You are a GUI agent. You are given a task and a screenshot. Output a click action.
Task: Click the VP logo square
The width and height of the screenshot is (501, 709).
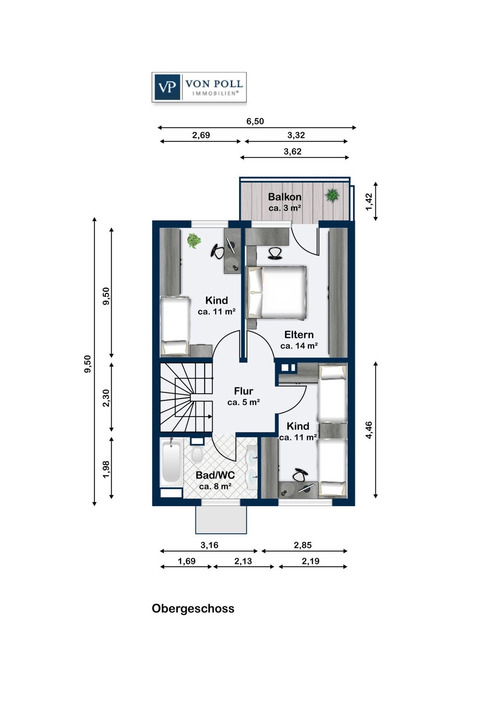click(167, 87)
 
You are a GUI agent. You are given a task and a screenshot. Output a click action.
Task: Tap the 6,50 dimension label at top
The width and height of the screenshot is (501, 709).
click(255, 121)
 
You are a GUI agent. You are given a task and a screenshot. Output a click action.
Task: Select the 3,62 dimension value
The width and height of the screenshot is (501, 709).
click(293, 152)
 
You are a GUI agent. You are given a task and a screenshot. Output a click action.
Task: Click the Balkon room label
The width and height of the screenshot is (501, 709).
click(285, 197)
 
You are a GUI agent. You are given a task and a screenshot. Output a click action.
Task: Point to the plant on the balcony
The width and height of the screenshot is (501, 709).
click(332, 195)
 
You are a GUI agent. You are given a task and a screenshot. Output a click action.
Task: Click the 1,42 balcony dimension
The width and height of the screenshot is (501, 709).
click(369, 202)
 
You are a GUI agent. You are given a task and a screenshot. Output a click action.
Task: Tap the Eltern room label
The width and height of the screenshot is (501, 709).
click(299, 335)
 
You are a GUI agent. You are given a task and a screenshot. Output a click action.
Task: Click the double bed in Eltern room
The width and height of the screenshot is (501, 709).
click(276, 292)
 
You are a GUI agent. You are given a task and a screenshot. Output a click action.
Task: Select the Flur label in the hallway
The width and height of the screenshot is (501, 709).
click(243, 391)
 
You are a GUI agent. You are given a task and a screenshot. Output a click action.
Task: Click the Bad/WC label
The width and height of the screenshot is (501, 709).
click(215, 475)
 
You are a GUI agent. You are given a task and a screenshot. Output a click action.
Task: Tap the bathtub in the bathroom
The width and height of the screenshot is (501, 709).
click(171, 462)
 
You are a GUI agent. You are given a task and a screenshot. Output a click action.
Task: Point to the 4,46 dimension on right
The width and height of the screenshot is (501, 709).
click(369, 430)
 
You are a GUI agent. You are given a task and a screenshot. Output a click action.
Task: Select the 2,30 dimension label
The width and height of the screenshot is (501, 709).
click(106, 398)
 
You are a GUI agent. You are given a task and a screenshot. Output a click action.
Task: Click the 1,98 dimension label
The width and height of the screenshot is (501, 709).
click(106, 469)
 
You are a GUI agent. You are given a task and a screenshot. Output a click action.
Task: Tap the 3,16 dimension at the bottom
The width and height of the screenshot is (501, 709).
click(209, 545)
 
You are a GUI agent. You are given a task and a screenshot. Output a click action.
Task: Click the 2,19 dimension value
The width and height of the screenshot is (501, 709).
click(311, 561)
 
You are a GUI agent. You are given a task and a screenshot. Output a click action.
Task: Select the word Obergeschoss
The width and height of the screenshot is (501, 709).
click(193, 608)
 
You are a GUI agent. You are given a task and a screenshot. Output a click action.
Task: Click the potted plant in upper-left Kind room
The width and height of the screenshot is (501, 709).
click(193, 241)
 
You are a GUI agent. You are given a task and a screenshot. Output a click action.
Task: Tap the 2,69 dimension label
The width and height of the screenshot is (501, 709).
click(201, 135)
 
